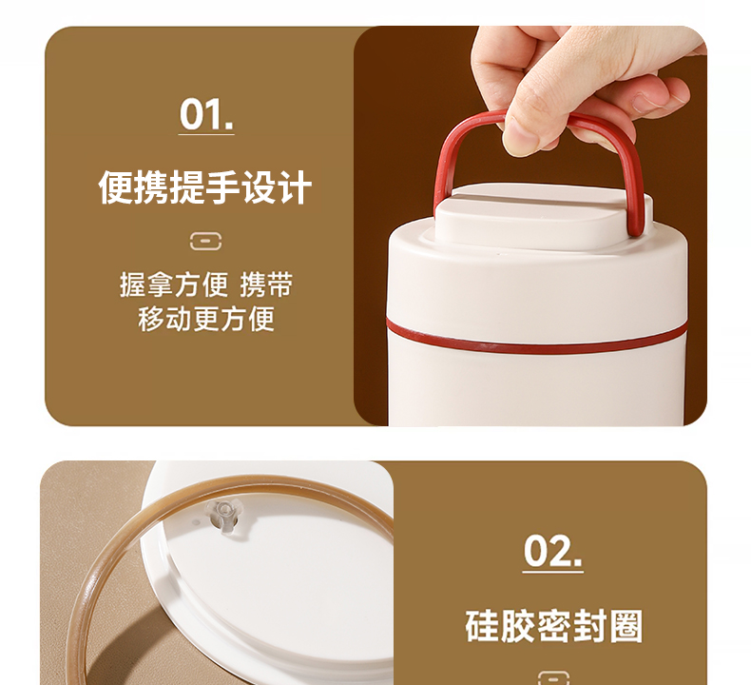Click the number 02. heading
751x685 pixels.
(x=552, y=551)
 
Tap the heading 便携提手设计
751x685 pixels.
(x=205, y=187)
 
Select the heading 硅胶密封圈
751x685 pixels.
(x=553, y=626)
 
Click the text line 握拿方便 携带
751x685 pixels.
(x=206, y=284)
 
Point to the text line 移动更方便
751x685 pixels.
(x=206, y=319)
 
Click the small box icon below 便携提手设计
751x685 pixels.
(x=205, y=241)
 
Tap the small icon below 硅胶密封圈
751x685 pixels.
(x=553, y=677)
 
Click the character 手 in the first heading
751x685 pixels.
(x=222, y=187)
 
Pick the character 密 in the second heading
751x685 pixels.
(x=553, y=626)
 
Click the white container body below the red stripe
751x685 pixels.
(x=536, y=388)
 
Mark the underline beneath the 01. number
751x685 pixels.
(x=206, y=134)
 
